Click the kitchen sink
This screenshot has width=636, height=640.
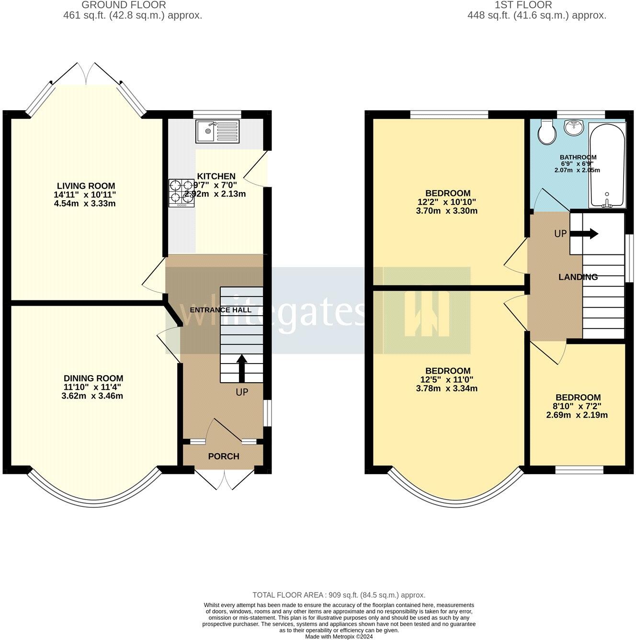217,131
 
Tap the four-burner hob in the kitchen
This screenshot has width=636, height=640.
182,193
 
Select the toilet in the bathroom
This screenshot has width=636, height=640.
546,131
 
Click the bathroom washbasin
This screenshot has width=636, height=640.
573,128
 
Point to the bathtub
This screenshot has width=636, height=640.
607,166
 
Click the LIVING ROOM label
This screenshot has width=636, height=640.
86,186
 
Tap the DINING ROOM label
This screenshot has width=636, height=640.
93,378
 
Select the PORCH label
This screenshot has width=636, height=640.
224,456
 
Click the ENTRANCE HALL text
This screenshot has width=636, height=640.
220,310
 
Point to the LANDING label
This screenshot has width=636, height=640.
578,277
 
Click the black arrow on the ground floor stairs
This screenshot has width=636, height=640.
241,367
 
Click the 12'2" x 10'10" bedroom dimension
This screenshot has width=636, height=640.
447,202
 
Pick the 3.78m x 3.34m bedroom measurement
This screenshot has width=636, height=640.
447,389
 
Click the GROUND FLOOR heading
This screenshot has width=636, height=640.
124,5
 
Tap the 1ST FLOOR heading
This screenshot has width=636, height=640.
523,5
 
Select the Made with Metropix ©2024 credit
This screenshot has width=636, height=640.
339,637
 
